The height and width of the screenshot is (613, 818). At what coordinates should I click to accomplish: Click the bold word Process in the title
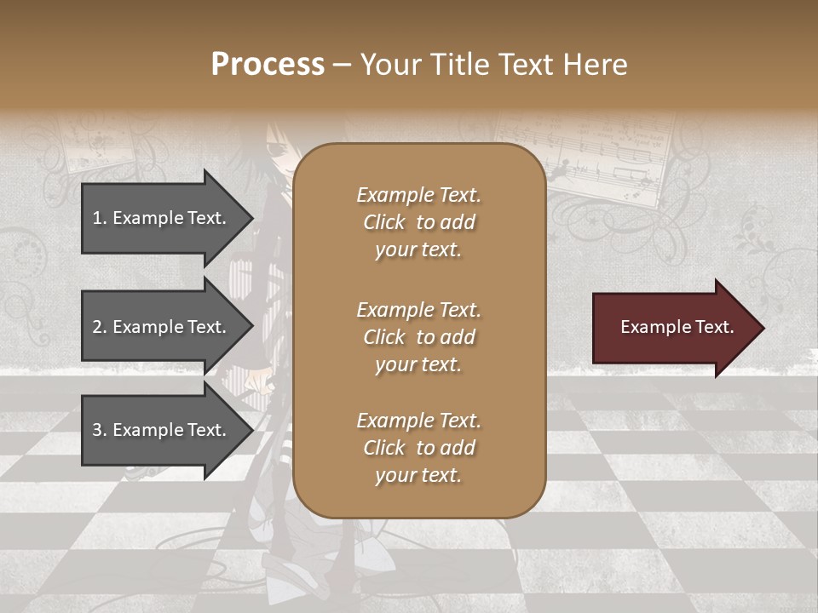tap(268, 65)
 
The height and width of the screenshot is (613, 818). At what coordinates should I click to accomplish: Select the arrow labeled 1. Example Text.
tap(162, 218)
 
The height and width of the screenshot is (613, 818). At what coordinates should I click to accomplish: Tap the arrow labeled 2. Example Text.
tap(162, 327)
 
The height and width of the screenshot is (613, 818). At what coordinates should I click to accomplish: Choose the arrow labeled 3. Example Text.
tap(162, 430)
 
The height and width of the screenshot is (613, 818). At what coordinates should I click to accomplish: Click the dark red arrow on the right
tap(673, 328)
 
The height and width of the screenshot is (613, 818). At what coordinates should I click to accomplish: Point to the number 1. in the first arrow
tap(99, 218)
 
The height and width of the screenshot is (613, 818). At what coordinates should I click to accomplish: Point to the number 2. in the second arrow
tap(99, 327)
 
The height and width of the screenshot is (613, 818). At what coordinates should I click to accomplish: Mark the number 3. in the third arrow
tap(99, 430)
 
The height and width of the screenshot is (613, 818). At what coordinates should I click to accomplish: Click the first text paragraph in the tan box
tap(418, 222)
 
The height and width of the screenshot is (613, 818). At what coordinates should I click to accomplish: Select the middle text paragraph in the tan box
tap(418, 337)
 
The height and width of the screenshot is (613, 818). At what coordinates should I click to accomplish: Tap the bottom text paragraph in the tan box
tap(418, 448)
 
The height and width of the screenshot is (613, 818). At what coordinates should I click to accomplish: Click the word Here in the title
tap(598, 65)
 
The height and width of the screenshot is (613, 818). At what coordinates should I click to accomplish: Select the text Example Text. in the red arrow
tap(677, 327)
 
